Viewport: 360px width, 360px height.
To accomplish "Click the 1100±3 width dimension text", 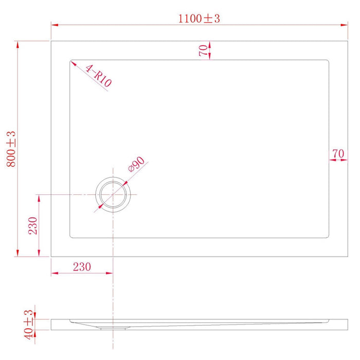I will point(199,19).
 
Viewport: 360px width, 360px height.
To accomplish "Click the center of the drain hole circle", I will point(113,195).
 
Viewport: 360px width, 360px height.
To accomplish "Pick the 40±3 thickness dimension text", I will point(28,323).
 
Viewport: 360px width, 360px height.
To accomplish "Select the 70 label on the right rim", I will point(338,153).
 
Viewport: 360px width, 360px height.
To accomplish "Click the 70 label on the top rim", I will point(204,50).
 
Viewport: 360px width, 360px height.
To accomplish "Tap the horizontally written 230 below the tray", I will point(81,266).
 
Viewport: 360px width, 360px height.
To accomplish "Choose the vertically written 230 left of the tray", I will point(32,225).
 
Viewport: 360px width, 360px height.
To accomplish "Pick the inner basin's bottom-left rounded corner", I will point(71,237).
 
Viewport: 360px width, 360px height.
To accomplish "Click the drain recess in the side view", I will point(113,326).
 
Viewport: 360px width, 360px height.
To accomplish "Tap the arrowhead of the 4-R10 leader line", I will point(73,63).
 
